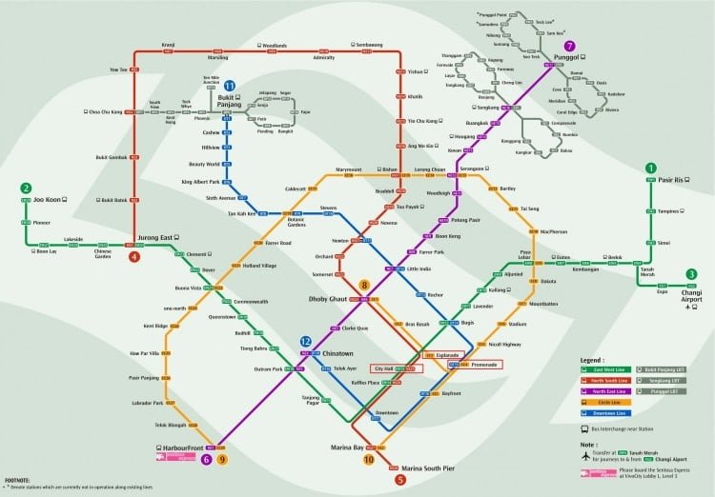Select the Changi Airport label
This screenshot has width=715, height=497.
(x=693, y=294)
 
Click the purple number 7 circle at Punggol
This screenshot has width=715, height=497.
(x=569, y=46)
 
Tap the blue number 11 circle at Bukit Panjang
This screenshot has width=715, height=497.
(x=230, y=86)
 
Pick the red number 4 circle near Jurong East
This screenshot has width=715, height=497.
(x=134, y=255)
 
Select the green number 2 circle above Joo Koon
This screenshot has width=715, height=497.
(x=26, y=188)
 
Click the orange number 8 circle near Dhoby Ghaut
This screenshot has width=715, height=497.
(x=364, y=284)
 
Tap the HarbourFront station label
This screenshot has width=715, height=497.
(x=174, y=446)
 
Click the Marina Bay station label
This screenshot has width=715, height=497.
(x=346, y=447)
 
